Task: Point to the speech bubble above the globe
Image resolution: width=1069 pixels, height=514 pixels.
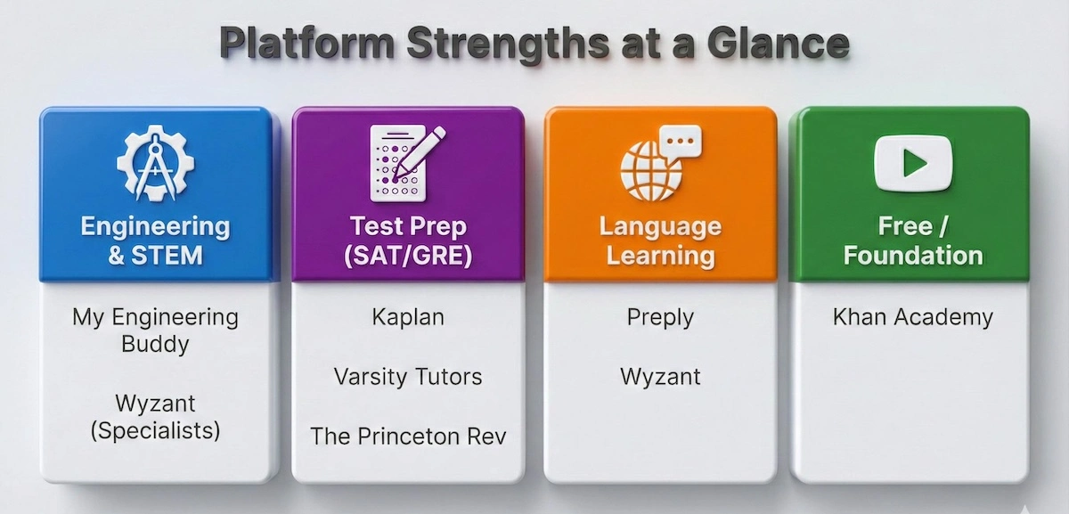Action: [681, 142]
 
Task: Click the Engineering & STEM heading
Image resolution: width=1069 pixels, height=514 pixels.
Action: [155, 241]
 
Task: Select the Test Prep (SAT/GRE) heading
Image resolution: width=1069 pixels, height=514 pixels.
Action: [407, 241]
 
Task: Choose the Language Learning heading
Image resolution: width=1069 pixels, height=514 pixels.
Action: [660, 241]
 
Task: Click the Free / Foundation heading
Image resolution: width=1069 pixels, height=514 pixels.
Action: [913, 241]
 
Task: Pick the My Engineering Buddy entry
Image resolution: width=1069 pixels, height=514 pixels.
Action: [155, 330]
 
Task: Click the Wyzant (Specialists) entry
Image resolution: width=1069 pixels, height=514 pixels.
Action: [155, 417]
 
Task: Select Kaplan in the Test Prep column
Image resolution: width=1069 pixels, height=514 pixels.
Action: [407, 317]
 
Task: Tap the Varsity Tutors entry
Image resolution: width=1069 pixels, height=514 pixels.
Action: [407, 377]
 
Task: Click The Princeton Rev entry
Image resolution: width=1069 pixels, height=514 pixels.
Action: [407, 436]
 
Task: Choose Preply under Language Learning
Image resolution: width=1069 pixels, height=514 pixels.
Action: [660, 317]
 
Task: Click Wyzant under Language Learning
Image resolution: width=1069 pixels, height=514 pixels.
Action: [660, 377]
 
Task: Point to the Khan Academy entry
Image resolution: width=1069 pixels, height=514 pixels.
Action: [913, 317]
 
